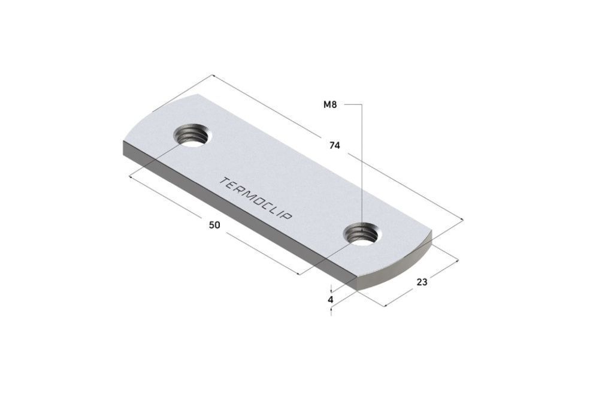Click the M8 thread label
pos(330,105)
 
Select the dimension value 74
pos(335,145)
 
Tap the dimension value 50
pos(214,225)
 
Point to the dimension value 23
pos(422,282)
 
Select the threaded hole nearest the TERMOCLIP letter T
pos(192,136)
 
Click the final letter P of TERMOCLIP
pos(288,216)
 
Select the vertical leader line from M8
pos(362,162)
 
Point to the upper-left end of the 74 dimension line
pos(213,75)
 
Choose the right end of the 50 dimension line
pos(299,275)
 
